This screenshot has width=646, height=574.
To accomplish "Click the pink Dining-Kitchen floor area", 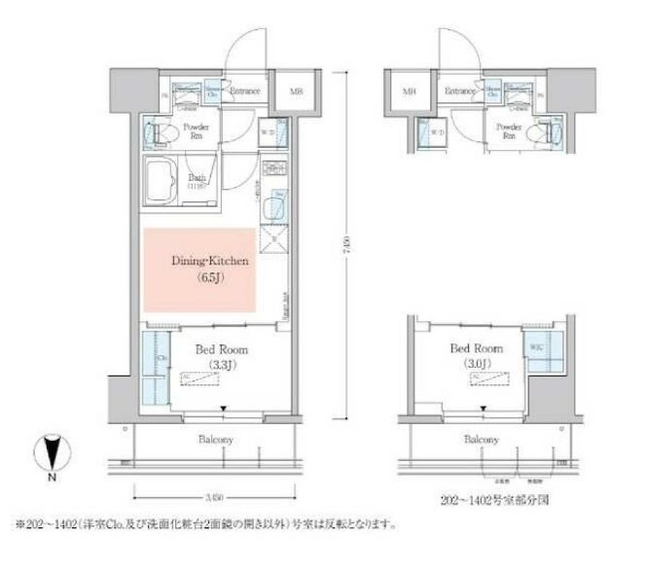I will point(199,270).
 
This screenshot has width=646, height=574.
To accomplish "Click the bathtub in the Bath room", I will point(161,177).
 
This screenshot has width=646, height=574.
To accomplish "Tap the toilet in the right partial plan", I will point(554,131).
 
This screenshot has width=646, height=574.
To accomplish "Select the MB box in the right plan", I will point(411,93).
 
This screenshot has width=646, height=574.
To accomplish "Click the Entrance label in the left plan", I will point(244,91).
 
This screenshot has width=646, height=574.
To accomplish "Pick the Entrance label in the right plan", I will point(459,91).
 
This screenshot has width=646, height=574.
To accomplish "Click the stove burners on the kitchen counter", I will point(273,171).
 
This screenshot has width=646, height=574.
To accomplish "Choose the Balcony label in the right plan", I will point(481,440).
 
